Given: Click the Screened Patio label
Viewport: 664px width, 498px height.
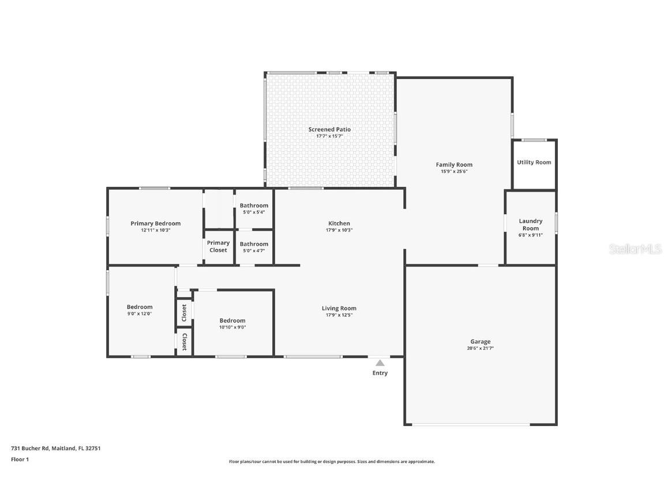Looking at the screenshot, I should point(329,129).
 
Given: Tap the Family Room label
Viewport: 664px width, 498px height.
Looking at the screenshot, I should point(454,164).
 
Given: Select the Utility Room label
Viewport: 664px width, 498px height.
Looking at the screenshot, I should point(534,162).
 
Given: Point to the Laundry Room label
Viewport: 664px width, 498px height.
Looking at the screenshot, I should point(530,224).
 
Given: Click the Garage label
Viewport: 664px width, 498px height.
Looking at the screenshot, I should point(480,342).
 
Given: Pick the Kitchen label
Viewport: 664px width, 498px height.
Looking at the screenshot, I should point(339,223).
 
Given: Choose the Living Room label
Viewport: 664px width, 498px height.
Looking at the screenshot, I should point(339,308).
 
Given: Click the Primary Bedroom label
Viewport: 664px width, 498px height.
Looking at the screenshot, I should point(155,223).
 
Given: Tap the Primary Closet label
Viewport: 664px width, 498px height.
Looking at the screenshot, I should point(218,246).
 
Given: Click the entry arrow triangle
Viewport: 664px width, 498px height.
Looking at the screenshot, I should point(380,363).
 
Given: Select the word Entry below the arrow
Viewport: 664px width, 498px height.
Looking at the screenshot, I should point(380,373).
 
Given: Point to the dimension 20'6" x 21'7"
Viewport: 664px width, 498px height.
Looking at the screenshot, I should point(480,349).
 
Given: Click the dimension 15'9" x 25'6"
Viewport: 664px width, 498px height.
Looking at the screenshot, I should point(454,171).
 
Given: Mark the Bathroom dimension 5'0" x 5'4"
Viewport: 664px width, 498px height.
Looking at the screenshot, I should point(254,212).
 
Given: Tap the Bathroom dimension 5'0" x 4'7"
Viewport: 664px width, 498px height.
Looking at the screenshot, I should point(254,250).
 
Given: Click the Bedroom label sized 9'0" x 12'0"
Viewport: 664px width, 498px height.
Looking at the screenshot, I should point(140,307).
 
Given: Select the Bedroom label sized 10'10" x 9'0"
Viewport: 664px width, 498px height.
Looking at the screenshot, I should point(232,320).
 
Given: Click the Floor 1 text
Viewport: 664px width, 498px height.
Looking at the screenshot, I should point(20,459).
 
